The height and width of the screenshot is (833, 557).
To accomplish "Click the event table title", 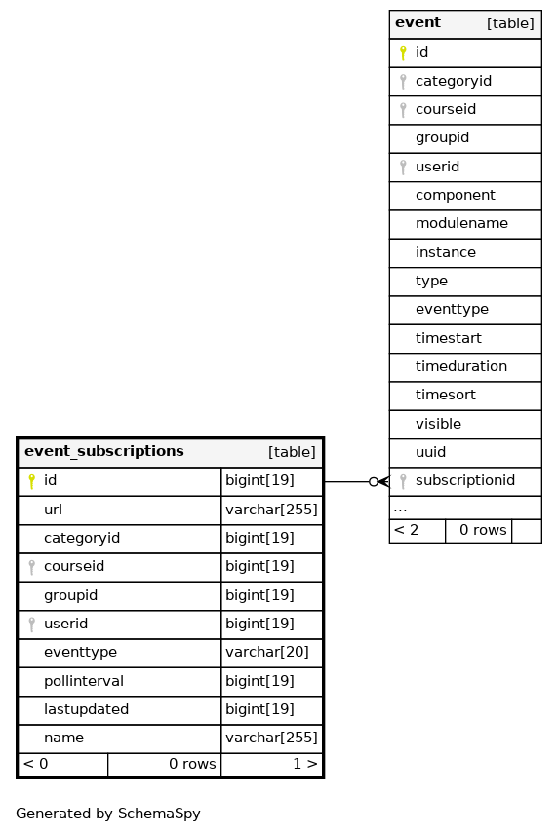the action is tap(418, 22).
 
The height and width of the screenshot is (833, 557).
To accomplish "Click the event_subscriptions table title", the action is tap(104, 451).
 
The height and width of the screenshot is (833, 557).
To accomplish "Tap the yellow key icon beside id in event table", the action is tap(403, 53).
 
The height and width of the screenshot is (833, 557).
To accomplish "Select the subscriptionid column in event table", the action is tap(465, 480).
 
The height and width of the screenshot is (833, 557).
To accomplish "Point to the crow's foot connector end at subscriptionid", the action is tap(383, 482).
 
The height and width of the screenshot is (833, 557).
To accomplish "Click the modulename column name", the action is tap(461, 223).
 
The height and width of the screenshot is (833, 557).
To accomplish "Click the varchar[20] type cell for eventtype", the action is tap(267, 653).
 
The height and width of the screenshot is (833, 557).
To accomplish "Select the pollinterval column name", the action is tap(84, 681).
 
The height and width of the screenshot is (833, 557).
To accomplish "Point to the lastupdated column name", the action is tap(86, 709).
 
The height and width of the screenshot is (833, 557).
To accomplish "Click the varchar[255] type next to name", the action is tap(271, 738).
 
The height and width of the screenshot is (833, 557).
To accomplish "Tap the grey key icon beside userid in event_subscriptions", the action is tap(32, 625).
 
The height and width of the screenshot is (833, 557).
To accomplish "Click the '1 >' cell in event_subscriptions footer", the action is tap(271, 764).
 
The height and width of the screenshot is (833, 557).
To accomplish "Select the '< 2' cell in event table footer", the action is tap(418, 531).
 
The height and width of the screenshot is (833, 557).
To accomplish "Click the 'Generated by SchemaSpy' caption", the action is tap(108, 814).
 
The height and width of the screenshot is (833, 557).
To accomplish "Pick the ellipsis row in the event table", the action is tap(465, 509).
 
